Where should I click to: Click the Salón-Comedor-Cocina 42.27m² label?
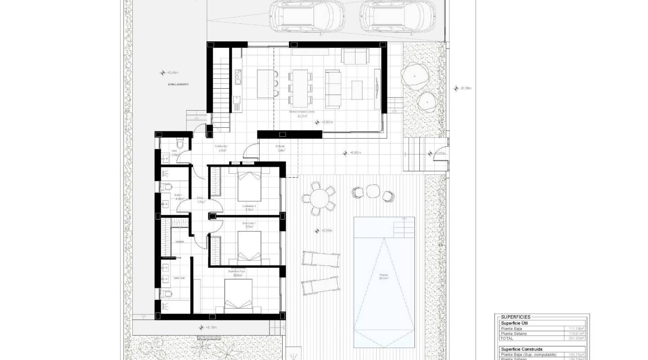tap(302, 113)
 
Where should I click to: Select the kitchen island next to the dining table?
tap(265, 83)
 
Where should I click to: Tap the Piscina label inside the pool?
tap(384, 277)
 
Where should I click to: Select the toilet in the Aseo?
tap(180, 143)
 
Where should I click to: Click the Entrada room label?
tap(281, 148)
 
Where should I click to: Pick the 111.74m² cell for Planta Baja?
tap(576, 328)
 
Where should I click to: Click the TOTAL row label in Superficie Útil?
tap(507, 338)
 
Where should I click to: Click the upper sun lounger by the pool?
tap(320, 259)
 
